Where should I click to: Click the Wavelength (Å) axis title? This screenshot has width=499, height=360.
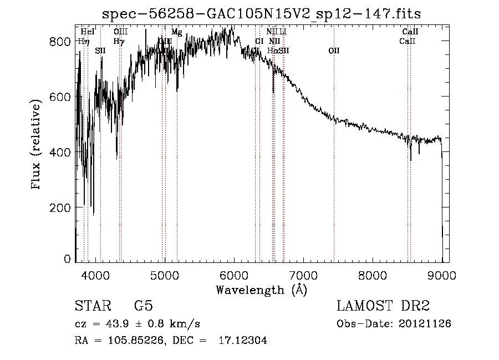(261, 289)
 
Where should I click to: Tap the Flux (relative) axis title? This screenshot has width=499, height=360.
(37, 145)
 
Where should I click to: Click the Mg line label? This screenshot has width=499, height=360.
(176, 32)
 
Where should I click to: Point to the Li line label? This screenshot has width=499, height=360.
(283, 32)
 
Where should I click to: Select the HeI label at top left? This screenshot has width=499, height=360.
(88, 32)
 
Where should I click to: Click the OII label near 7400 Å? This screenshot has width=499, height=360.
(333, 51)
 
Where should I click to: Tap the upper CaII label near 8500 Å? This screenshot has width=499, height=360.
(410, 32)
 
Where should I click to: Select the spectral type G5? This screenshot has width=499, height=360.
(144, 306)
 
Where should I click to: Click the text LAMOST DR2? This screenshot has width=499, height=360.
(383, 306)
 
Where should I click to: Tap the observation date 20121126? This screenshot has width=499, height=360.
(424, 324)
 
